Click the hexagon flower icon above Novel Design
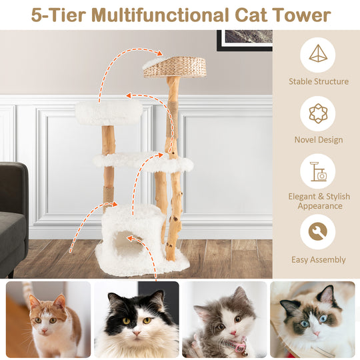point(317,113)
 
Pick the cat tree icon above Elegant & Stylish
point(317,171)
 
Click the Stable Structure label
point(318,81)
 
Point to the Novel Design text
point(318,140)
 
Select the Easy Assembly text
point(318,260)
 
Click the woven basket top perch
point(175,65)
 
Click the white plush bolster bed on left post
point(108,112)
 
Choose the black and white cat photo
point(137,319)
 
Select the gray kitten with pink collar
point(223,319)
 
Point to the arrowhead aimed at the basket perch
point(159,53)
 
